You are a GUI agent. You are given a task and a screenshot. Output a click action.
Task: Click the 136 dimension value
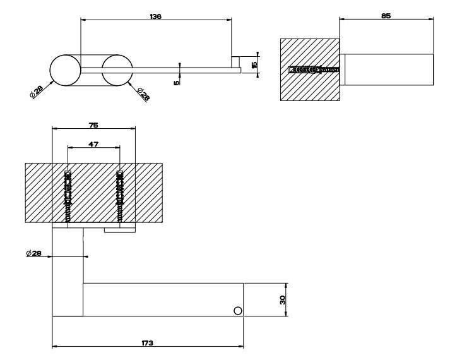pyautogui.click(x=156, y=16)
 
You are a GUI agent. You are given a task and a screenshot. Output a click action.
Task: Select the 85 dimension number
pyautogui.click(x=386, y=16)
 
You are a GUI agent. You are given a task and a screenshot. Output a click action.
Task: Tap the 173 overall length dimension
pyautogui.click(x=148, y=342)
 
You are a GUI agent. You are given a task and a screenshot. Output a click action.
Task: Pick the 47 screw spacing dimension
pyautogui.click(x=93, y=144)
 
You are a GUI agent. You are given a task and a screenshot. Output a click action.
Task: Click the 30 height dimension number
pyautogui.click(x=283, y=299)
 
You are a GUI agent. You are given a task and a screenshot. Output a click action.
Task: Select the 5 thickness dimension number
pyautogui.click(x=177, y=80)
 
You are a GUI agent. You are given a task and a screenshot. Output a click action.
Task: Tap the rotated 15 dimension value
pyautogui.click(x=254, y=64)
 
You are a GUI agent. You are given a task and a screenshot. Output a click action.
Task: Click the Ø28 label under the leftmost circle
pyautogui.click(x=36, y=92)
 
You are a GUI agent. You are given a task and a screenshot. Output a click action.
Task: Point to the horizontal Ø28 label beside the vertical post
pyautogui.click(x=34, y=253)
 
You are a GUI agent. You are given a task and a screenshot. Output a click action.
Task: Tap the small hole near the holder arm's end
pyautogui.click(x=237, y=310)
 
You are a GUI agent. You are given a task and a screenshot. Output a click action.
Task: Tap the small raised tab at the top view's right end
pyautogui.click(x=235, y=61)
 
